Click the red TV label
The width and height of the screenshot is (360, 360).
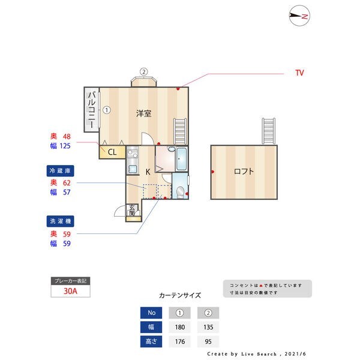point(299,73)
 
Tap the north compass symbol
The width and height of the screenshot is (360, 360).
point(298,16)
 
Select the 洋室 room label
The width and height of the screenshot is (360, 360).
point(143,113)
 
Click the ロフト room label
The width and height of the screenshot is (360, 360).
point(244,171)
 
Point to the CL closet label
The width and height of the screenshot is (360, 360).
point(112,152)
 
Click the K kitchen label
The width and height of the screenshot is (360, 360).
point(148,172)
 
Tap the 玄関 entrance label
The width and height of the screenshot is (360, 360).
point(132,211)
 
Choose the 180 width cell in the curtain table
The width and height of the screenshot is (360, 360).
point(179,327)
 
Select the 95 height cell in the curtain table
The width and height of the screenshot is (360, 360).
point(208,341)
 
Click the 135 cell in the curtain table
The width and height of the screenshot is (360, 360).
point(208,327)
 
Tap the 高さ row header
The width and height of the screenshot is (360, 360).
point(151,341)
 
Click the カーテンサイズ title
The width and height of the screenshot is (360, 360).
point(180,295)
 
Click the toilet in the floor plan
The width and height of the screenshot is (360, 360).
point(180,191)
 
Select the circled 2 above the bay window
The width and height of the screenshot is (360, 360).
point(143,71)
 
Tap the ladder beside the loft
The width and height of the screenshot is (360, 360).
point(269,131)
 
